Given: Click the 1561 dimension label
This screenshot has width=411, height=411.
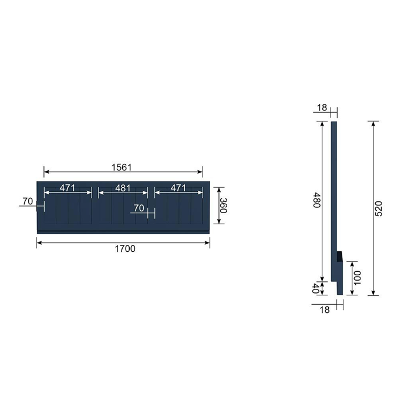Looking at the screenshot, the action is pyautogui.click(x=122, y=167).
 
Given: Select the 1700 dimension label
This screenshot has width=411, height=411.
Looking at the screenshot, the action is pyautogui.click(x=125, y=249).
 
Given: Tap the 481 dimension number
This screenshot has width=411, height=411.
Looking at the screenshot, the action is pyautogui.click(x=123, y=188).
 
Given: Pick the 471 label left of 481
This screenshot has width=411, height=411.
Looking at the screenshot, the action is pyautogui.click(x=68, y=188).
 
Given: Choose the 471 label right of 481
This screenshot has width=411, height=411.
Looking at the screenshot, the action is pyautogui.click(x=178, y=188).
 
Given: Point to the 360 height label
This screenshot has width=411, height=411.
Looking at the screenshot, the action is pyautogui.click(x=223, y=206).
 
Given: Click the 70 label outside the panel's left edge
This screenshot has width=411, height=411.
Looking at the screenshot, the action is pyautogui.click(x=28, y=201).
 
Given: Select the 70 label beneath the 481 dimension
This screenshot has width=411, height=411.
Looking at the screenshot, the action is pyautogui.click(x=139, y=208).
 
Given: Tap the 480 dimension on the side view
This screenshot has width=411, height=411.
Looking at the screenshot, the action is pyautogui.click(x=317, y=200).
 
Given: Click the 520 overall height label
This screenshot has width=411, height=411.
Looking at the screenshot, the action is pyautogui.click(x=379, y=208).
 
